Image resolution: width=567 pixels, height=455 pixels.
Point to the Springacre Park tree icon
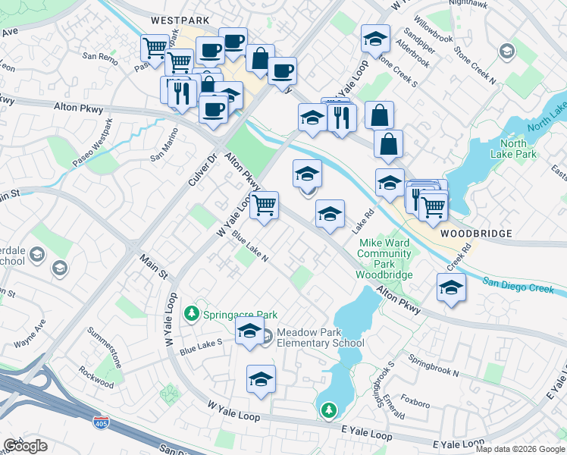point(193,314)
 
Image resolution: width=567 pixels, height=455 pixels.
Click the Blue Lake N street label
point(250,246)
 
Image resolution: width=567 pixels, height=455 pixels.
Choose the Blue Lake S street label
point(200,347)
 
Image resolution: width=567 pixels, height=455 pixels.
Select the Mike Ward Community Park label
point(384,259)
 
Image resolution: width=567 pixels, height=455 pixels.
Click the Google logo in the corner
point(25,446)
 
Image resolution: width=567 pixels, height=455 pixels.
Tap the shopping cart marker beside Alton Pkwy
point(264,206)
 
